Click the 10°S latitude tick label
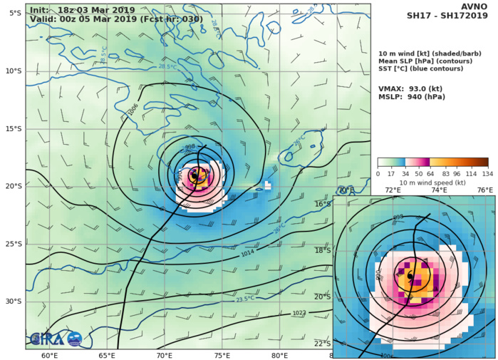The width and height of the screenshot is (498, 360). (x=12, y=71)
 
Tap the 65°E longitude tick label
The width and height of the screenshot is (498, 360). (x=107, y=356)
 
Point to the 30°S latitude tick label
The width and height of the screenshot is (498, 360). (x=12, y=301)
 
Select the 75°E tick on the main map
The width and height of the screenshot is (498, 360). (x=222, y=356)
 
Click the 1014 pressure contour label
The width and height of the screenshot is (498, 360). (x=247, y=253)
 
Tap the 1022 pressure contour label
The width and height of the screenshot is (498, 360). (x=300, y=313)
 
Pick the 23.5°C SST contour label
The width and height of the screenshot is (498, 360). (x=246, y=299)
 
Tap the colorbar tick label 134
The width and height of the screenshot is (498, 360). (x=487, y=174)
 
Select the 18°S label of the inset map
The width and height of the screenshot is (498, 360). (x=343, y=250)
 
